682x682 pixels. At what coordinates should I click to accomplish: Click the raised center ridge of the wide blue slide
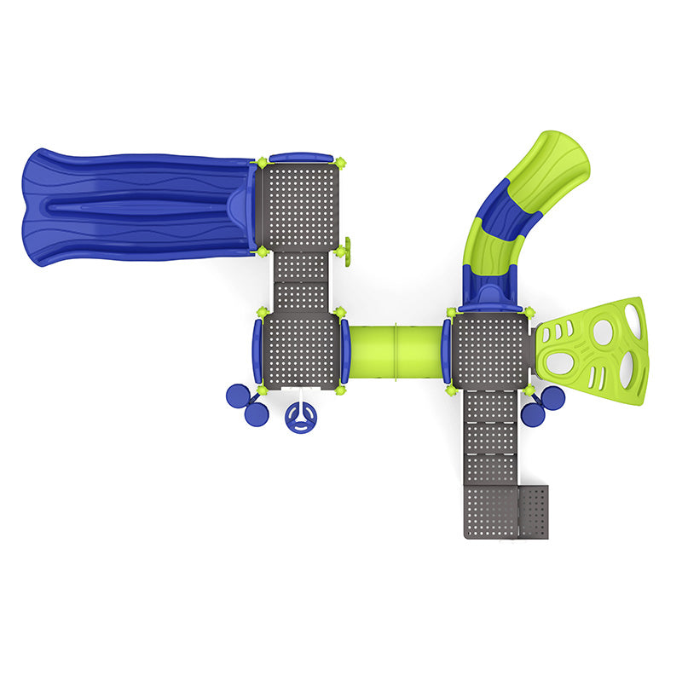click(128, 205)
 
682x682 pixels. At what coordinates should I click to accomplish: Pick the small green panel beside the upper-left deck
click(349, 249)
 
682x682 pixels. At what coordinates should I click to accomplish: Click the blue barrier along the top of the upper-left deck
click(300, 158)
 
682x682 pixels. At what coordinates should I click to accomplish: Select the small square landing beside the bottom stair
click(534, 512)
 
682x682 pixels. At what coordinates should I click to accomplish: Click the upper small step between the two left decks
click(300, 266)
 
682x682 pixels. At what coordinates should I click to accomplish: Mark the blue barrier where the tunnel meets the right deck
click(446, 350)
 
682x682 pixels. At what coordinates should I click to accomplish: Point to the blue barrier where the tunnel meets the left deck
click(345, 350)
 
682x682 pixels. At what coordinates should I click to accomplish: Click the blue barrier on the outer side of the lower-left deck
click(256, 350)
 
